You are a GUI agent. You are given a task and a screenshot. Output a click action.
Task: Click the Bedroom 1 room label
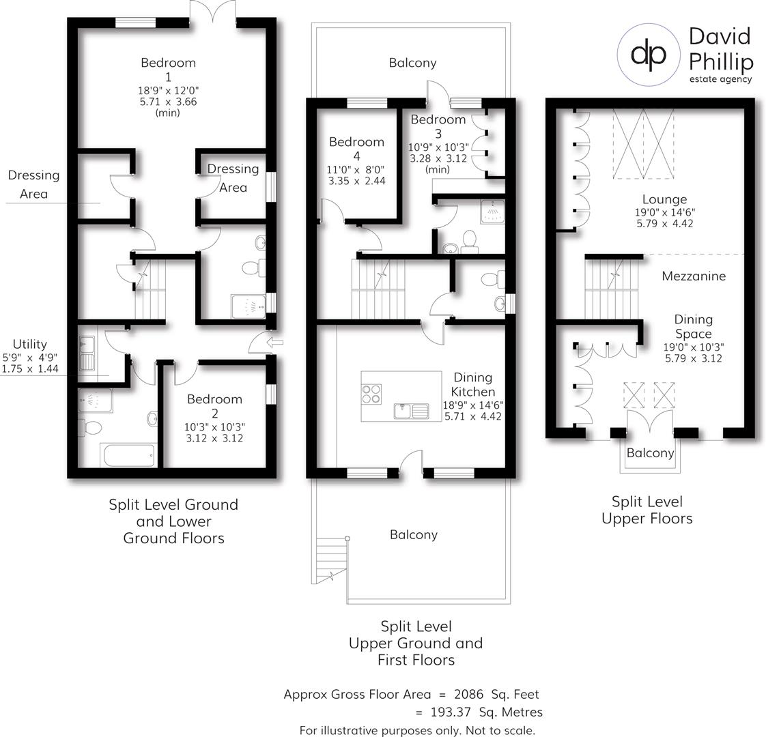coord(168,69)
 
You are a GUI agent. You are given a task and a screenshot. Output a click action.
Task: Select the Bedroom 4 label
coord(356,149)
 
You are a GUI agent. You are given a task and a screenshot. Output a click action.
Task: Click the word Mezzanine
coord(694,276)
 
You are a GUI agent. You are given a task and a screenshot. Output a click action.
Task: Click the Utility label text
coord(29,345)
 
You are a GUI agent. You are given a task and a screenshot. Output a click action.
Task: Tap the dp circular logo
coord(649,55)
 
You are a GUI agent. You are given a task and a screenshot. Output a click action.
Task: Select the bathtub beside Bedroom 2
coord(128,455)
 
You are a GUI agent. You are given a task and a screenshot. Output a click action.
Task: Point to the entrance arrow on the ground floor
coord(276,342)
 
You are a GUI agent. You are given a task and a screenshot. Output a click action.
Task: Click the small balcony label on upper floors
coord(650,453)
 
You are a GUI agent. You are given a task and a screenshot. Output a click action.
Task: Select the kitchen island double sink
coord(410,411)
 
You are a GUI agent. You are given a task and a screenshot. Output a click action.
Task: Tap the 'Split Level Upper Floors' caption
coord(647,510)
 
